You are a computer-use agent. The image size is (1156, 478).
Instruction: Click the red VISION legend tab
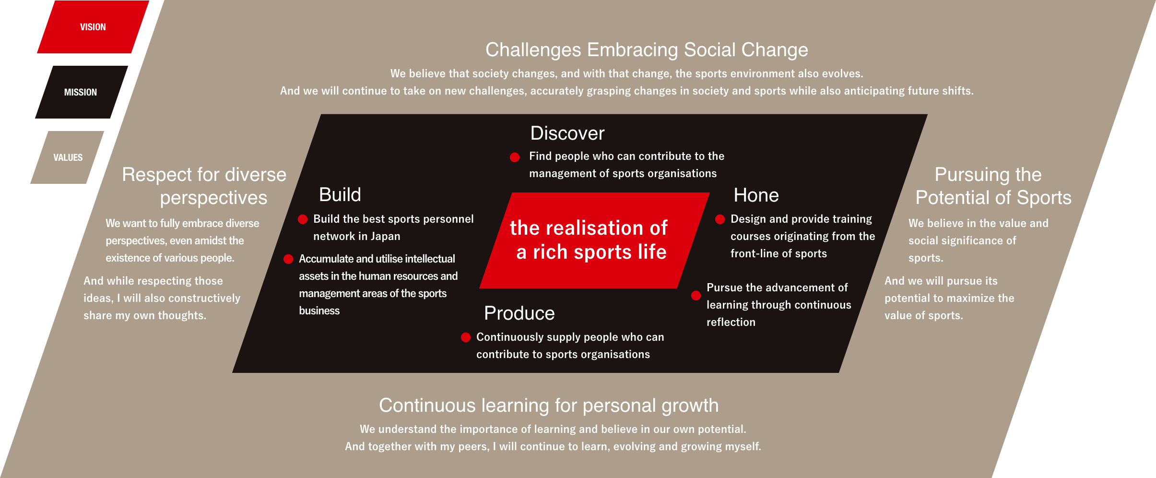[x=93, y=27]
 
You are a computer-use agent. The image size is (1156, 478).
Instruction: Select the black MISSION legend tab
[x=81, y=92]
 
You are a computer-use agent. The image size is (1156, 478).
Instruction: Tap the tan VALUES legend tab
[x=68, y=157]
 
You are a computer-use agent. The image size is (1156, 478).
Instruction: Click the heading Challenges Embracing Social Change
[x=647, y=50]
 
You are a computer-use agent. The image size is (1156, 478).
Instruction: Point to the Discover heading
[x=567, y=133]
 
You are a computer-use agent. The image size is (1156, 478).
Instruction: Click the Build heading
[x=340, y=195]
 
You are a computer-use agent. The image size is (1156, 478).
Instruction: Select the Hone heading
[x=756, y=195]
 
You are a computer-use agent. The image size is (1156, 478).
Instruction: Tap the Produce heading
[x=519, y=313]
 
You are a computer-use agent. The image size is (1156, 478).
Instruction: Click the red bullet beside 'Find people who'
[x=515, y=157]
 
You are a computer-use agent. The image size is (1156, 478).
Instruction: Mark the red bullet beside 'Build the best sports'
[x=303, y=220]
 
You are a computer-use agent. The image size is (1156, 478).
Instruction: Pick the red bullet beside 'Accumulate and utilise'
[x=288, y=259]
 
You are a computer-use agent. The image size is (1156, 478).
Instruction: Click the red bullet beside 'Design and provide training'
[x=720, y=220]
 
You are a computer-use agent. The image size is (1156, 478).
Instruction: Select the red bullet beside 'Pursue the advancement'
[x=696, y=296]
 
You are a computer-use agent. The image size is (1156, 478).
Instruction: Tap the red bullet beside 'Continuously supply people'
[x=466, y=337]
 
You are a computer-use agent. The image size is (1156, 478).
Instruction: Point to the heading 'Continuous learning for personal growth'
[x=549, y=406]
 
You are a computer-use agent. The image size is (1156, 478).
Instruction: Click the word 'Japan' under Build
[x=385, y=236]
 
